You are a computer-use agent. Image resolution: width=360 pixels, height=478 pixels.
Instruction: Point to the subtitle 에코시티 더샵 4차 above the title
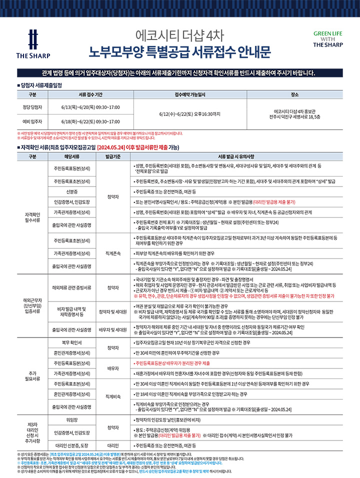click(x=179, y=35)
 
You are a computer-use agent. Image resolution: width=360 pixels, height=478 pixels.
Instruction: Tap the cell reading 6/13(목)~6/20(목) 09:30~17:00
click(x=90, y=106)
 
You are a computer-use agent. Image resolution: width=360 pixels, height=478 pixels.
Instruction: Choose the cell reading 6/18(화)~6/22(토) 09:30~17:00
click(x=90, y=121)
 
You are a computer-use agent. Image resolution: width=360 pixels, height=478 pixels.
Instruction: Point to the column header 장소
click(x=294, y=94)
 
